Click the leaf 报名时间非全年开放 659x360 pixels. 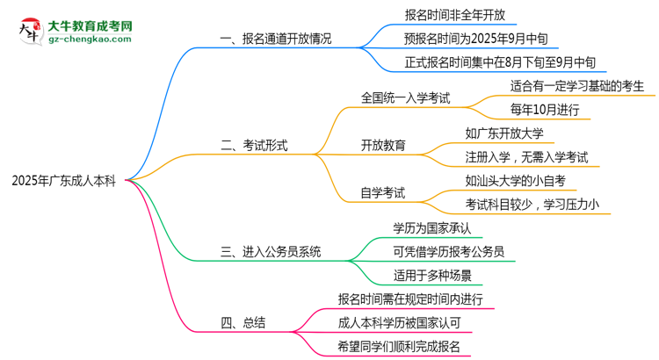tap(454, 15)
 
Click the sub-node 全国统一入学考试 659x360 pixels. tap(406, 97)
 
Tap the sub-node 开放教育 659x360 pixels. tap(383, 145)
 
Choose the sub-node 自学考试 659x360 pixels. tap(383, 192)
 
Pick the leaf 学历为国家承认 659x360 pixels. tap(431, 227)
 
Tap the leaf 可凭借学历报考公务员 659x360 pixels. tap(448, 251)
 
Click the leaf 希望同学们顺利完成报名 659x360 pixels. tap(398, 346)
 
